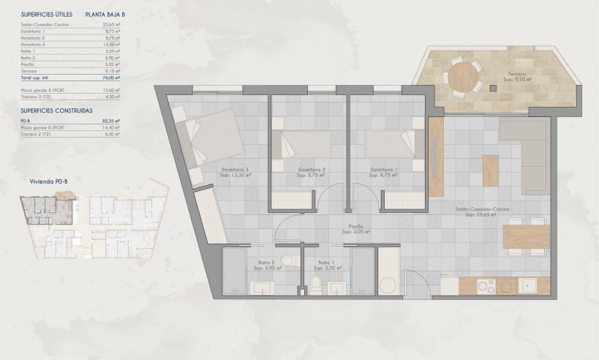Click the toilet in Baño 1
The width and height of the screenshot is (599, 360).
(x=316, y=284)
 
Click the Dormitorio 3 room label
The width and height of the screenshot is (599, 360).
(x=236, y=173)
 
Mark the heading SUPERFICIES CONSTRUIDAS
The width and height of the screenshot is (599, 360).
(x=56, y=110)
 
